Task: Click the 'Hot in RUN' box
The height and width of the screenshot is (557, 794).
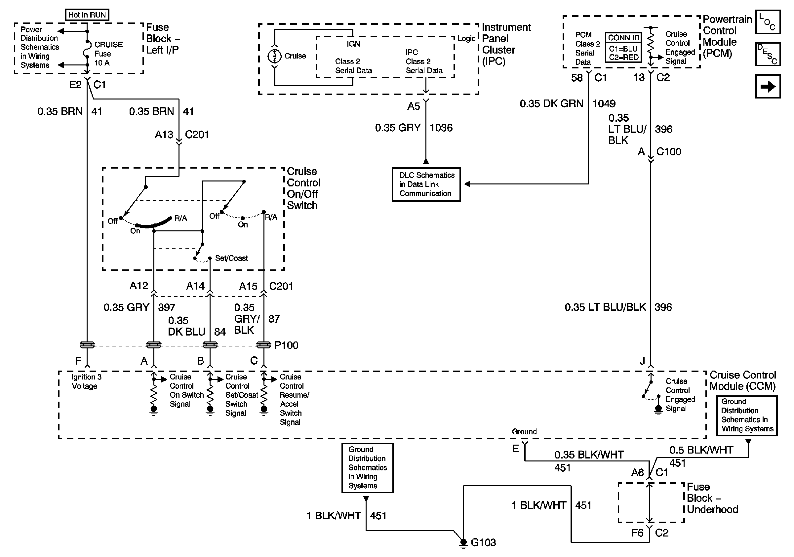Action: point(87,15)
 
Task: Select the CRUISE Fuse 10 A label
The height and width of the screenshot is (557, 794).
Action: point(108,54)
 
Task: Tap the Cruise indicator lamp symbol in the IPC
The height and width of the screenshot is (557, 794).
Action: point(275,56)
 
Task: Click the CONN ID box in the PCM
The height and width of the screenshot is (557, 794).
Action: point(623,47)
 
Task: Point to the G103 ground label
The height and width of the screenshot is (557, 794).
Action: point(483,542)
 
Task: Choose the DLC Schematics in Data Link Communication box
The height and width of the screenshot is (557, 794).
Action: point(426,184)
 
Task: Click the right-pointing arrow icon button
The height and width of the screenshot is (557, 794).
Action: point(768,86)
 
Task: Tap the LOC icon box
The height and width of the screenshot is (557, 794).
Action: point(768,22)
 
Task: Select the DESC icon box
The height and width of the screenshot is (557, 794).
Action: point(768,54)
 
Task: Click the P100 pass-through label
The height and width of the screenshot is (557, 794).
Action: point(286,345)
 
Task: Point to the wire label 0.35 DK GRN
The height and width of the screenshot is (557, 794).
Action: point(552,103)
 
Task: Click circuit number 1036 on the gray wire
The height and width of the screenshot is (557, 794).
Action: point(441,128)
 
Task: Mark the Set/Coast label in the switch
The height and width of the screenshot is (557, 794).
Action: point(231,258)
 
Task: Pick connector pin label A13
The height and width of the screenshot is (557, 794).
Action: point(164,134)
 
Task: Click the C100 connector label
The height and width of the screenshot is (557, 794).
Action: point(668,151)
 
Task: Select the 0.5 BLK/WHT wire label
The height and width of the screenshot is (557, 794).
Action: point(701,450)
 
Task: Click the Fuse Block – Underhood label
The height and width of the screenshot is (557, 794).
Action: point(712,498)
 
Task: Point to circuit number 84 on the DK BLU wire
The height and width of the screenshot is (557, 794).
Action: point(220,332)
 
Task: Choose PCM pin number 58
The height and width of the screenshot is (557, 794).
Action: point(577,77)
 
